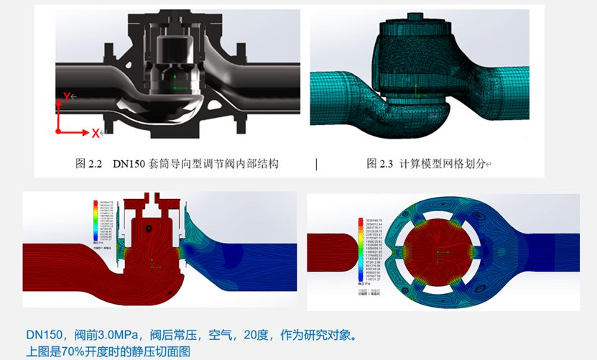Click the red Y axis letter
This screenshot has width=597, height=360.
tap(66, 96)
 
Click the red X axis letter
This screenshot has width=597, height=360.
tap(95, 133)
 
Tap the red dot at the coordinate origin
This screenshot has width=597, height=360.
tap(57, 132)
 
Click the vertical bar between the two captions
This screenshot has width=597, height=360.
tap(316, 164)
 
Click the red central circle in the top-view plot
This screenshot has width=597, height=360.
tap(438, 251)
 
